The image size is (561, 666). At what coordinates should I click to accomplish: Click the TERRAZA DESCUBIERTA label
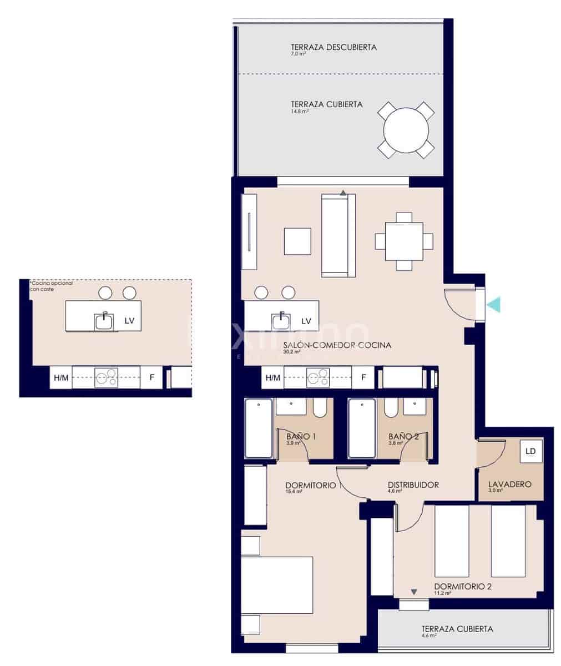tap(333, 47)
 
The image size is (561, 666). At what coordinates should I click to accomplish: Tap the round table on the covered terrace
tap(406, 130)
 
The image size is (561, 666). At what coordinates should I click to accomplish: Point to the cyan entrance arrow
tap(493, 304)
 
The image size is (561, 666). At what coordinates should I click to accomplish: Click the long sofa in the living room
tap(338, 236)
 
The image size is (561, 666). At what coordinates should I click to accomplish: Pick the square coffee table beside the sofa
tap(298, 241)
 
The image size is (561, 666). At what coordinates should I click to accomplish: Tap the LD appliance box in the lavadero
tap(530, 451)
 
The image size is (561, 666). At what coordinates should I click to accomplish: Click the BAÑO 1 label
tap(301, 437)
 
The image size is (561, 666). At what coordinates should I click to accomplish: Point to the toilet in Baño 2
tap(390, 408)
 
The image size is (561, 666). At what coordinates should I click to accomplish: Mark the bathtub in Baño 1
tap(259, 428)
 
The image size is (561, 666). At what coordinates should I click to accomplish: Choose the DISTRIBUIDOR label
tap(413, 485)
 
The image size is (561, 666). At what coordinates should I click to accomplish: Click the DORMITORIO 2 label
tap(463, 586)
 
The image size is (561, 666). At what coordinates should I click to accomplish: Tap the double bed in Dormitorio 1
tap(277, 586)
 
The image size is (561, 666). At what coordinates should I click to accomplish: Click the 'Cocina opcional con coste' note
tap(51, 286)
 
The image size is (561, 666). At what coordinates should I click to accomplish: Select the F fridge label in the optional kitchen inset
tap(151, 378)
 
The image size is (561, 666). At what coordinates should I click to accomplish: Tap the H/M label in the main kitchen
tap(272, 378)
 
